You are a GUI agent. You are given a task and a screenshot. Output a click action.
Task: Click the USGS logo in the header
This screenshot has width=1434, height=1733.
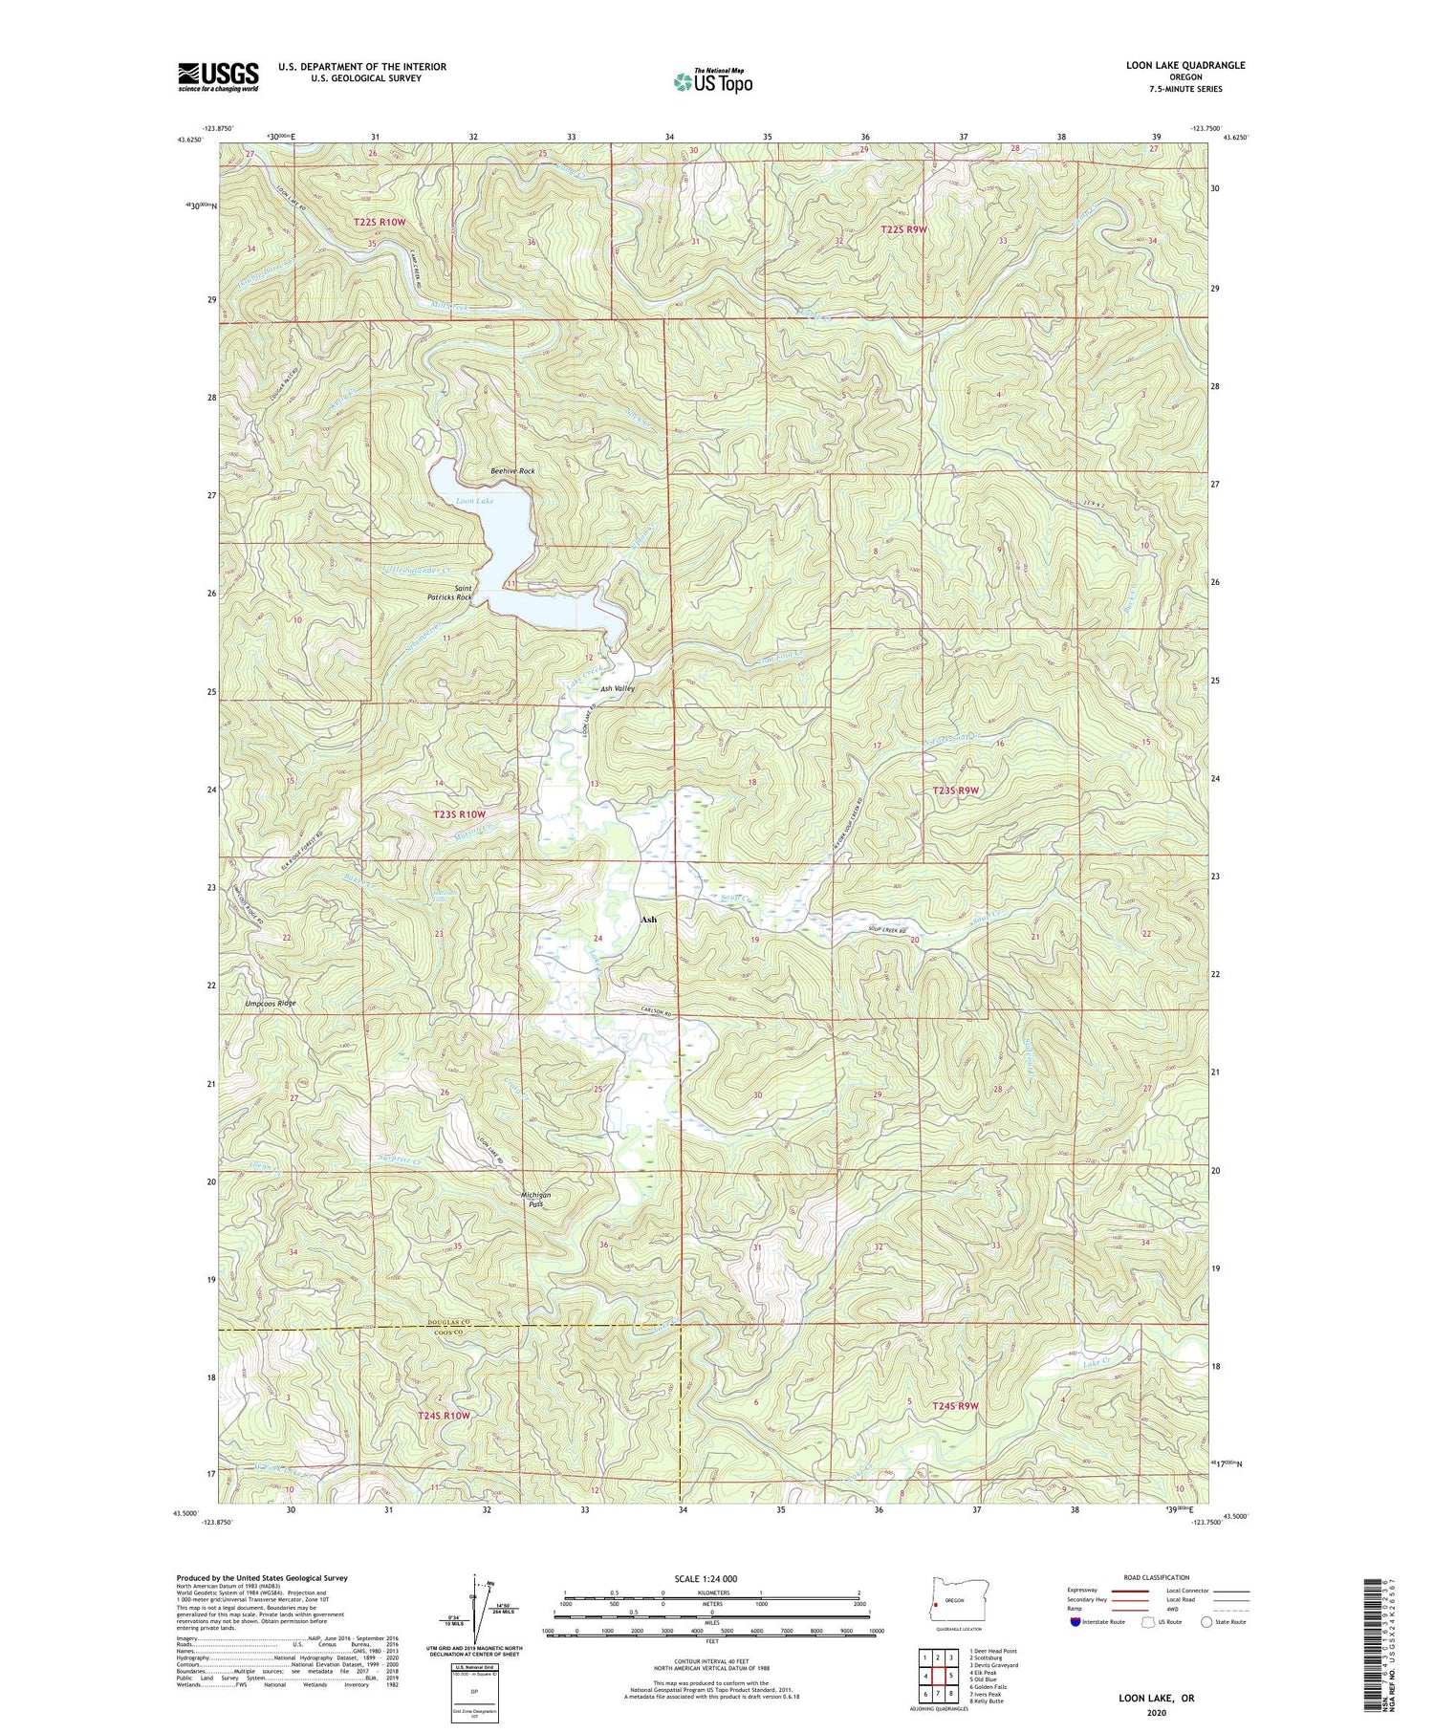[218, 76]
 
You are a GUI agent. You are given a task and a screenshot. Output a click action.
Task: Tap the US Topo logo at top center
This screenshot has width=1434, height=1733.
[712, 81]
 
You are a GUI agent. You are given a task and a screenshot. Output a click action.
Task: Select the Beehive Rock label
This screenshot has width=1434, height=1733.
[512, 471]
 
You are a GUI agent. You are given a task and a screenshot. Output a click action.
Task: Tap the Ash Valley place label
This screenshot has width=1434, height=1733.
[618, 688]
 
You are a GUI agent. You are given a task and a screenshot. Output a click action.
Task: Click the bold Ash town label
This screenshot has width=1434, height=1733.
[648, 920]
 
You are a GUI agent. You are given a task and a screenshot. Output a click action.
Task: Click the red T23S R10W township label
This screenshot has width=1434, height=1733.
[460, 814]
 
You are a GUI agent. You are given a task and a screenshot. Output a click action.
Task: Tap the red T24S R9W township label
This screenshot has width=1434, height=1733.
[956, 1406]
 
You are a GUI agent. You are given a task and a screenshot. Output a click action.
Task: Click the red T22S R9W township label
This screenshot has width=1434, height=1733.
[903, 229]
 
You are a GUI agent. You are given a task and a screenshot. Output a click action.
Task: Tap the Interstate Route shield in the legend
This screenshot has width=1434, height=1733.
[1075, 1622]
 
